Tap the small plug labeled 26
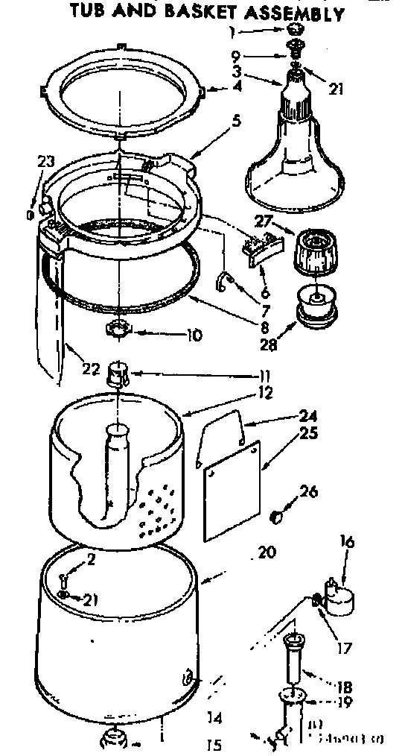coord(275,515)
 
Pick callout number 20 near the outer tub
coord(266,552)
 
